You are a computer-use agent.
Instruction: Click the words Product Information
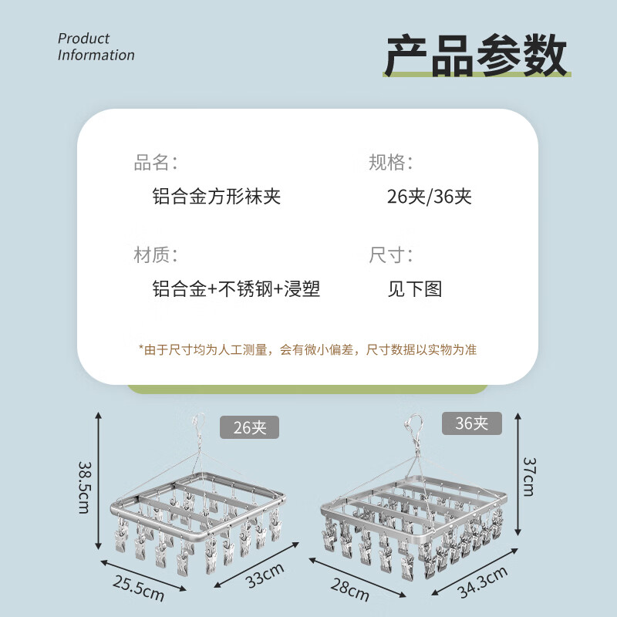[96, 46]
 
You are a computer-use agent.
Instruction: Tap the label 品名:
[156, 163]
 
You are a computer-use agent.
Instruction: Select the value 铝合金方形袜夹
[217, 196]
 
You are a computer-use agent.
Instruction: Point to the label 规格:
[391, 163]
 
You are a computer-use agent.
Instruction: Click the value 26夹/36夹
[429, 196]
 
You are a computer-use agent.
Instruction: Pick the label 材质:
[156, 255]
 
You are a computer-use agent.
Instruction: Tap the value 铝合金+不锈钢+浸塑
[236, 289]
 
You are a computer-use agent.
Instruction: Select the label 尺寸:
[391, 255]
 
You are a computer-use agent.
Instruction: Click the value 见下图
[415, 289]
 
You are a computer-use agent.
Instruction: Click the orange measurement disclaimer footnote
[307, 349]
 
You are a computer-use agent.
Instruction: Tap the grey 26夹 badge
[249, 427]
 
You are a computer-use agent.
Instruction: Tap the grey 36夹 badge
[471, 423]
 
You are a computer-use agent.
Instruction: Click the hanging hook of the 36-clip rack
[415, 427]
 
